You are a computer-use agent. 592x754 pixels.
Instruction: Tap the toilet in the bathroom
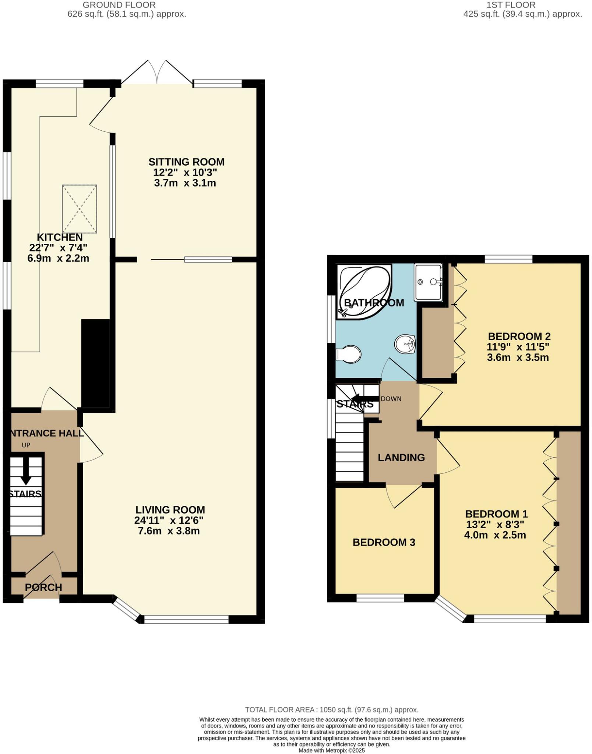tap(349, 354)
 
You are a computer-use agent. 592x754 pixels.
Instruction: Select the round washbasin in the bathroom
tap(405, 344)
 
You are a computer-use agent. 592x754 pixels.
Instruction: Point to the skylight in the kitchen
tap(80, 209)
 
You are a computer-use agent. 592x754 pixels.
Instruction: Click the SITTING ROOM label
tap(186, 162)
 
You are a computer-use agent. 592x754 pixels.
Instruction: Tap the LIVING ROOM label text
tap(170, 510)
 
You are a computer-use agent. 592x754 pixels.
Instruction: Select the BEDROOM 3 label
tap(384, 542)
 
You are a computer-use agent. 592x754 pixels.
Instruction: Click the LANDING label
tap(401, 458)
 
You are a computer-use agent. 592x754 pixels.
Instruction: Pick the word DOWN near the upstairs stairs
tap(391, 399)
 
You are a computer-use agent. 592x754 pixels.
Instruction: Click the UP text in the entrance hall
tap(26, 445)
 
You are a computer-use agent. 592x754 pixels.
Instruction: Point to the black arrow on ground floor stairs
tap(26, 475)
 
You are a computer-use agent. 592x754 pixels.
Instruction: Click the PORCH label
tap(43, 588)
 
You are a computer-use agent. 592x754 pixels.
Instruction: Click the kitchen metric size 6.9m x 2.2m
tap(58, 258)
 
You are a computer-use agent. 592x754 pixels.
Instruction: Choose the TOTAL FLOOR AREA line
tap(332, 710)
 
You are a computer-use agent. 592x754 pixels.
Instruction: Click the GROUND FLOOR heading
tap(119, 5)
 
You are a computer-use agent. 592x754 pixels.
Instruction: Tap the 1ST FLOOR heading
tap(511, 5)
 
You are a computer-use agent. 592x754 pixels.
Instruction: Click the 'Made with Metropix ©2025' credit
tap(331, 750)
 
